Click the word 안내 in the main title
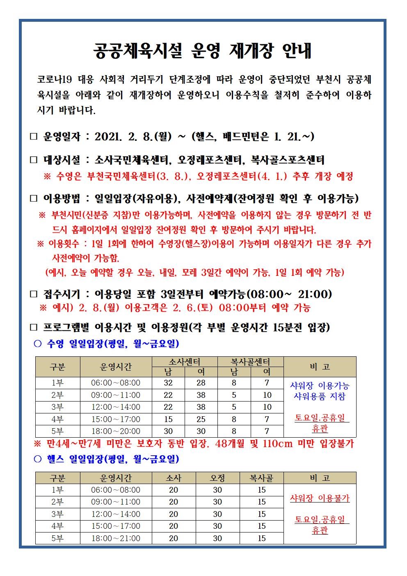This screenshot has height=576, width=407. point(297,50)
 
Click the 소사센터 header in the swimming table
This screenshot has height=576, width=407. point(185,362)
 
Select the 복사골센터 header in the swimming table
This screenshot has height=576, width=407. point(250,362)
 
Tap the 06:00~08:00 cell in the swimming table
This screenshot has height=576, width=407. point(116,383)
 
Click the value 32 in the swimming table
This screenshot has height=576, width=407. point(168,383)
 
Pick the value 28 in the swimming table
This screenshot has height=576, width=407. point(201,383)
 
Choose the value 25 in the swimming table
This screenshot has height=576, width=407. point(201,419)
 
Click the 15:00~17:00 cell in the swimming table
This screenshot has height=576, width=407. point(116,419)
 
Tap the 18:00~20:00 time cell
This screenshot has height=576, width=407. point(116,431)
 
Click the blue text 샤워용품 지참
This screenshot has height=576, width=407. point(320,396)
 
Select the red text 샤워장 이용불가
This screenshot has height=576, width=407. point(320,498)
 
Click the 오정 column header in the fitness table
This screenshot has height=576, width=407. point(217,478)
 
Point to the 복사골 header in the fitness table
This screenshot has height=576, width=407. point(262,478)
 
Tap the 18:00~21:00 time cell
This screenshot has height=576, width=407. point(116,538)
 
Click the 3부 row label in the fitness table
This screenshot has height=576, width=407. point(57,514)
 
